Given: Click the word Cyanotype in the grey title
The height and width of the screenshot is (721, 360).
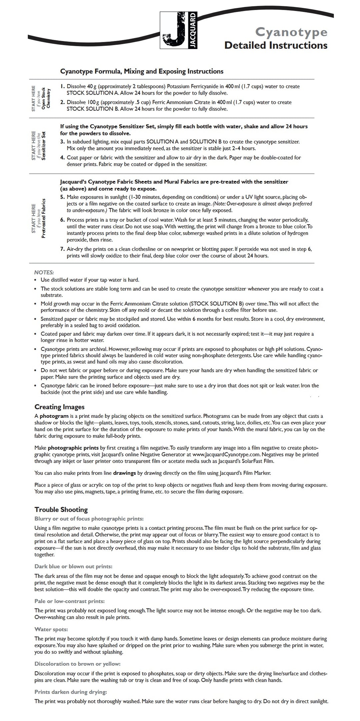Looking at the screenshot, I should tap(291, 32).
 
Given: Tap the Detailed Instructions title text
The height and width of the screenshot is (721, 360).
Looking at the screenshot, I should tap(276, 45).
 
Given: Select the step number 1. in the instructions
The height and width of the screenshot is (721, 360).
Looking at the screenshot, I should tap(62, 87).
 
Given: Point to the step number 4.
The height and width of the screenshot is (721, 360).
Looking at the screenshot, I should tap(62, 158).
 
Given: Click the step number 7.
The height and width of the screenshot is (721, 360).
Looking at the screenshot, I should tap(62, 249).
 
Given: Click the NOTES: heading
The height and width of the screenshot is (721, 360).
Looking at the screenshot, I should tap(44, 272).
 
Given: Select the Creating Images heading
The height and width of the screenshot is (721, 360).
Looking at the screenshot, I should tap(59, 407).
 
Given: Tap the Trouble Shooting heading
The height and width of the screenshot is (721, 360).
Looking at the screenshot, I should tap(61, 509).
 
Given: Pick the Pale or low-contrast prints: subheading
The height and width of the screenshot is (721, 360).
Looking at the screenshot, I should tap(69, 601).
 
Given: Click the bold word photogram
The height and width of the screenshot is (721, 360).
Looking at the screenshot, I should tap(54, 416).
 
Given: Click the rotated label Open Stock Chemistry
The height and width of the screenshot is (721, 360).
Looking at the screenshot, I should tap(46, 99).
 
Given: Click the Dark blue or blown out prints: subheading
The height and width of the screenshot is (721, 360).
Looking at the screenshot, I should tap(73, 566).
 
